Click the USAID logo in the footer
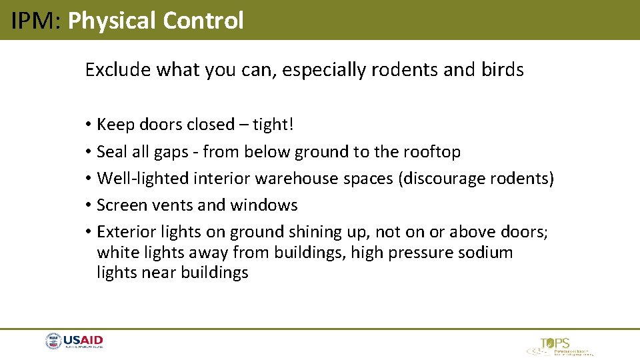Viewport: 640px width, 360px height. coord(74,342)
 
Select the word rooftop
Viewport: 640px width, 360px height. coord(431,152)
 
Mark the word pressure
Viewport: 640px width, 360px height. coord(425,253)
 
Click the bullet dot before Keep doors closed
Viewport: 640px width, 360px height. coord(89,125)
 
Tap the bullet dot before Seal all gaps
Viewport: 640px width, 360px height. coord(89,152)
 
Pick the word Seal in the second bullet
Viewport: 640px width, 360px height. coord(111,152)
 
